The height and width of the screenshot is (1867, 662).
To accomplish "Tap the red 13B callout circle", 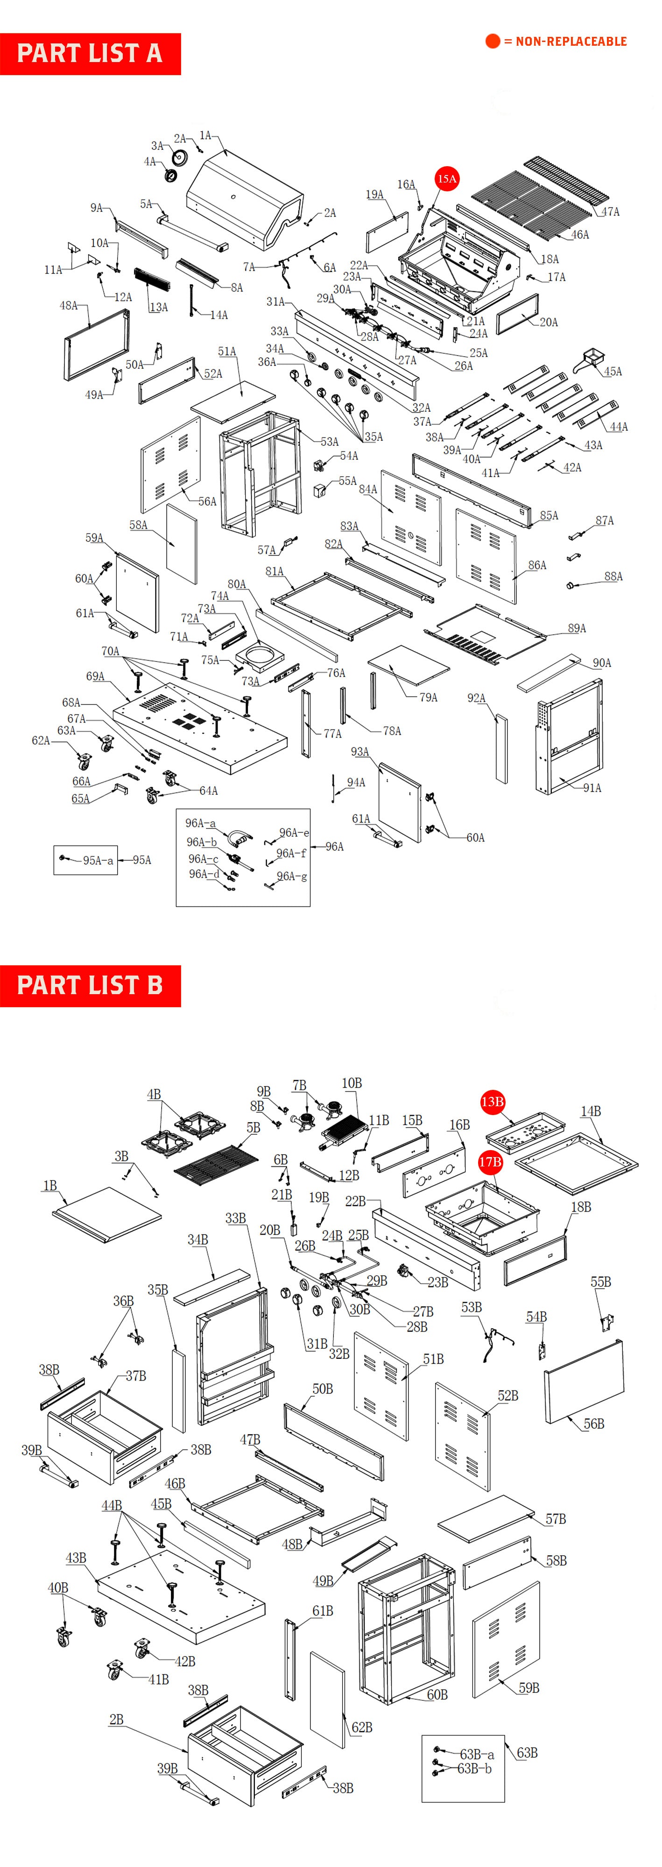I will (x=493, y=1102).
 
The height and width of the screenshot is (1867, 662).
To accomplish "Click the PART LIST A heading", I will (x=90, y=54).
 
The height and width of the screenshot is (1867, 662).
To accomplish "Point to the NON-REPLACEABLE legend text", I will (x=570, y=42).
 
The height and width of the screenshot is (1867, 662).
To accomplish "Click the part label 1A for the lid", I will (x=205, y=135).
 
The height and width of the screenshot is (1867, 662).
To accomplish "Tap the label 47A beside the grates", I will (x=611, y=211).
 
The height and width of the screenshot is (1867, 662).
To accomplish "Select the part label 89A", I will (x=577, y=628).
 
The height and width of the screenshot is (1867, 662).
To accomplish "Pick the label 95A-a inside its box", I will (x=98, y=860).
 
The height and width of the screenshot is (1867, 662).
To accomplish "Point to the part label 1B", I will (x=49, y=1185).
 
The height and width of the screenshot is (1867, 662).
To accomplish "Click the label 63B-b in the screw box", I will (x=474, y=1769).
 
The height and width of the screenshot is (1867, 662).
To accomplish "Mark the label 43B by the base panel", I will (x=76, y=1558).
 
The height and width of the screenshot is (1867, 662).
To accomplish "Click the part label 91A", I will (x=592, y=788).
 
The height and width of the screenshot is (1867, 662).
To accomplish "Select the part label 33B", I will (x=235, y=1218).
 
